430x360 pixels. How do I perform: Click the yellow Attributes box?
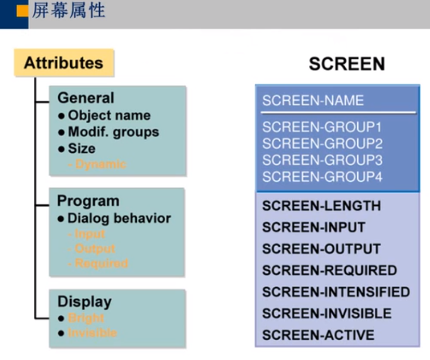click(x=63, y=63)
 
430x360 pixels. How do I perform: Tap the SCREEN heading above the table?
click(x=347, y=64)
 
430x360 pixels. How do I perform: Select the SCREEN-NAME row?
click(x=312, y=100)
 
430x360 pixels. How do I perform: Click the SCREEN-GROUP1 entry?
click(x=322, y=127)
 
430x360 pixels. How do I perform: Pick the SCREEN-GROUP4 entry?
click(x=322, y=177)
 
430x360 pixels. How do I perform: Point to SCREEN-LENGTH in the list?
click(x=321, y=206)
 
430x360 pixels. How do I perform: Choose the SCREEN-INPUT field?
click(x=314, y=228)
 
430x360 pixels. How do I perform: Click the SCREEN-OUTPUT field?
click(x=321, y=249)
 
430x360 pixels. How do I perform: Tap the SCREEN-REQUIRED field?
click(x=329, y=271)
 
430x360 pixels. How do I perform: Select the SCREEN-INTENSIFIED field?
click(x=336, y=292)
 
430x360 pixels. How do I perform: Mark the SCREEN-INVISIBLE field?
click(x=327, y=313)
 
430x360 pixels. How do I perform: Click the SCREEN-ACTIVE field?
click(x=318, y=335)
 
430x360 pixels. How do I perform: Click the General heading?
click(x=85, y=98)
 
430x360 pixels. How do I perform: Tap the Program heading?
click(x=88, y=201)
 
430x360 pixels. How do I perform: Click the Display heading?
click(x=84, y=301)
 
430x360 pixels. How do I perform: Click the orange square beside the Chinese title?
click(x=22, y=11)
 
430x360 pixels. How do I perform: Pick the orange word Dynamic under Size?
click(x=101, y=164)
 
